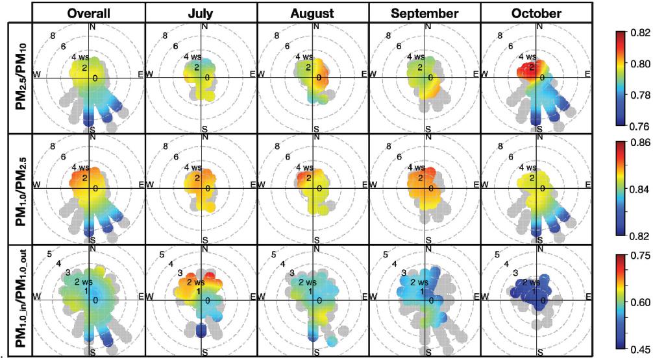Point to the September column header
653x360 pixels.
[x=425, y=12]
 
